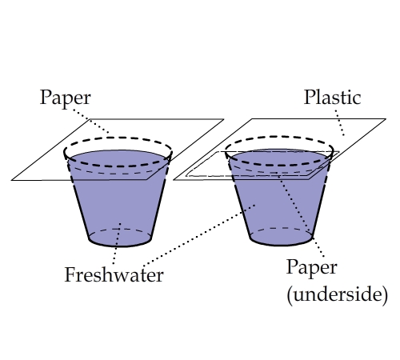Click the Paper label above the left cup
click(x=66, y=98)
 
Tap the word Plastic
click(x=332, y=97)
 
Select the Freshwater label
click(x=114, y=274)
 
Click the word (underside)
click(x=338, y=294)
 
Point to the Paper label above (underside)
click(x=312, y=268)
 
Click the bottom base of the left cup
click(x=120, y=238)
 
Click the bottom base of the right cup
click(x=282, y=237)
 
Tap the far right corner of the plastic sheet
click(x=386, y=119)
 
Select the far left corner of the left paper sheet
click(x=11, y=180)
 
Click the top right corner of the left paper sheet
click(x=223, y=119)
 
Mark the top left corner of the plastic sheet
click(x=252, y=119)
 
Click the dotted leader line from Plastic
click(x=339, y=122)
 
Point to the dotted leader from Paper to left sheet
click(x=90, y=122)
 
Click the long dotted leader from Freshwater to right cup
click(x=198, y=235)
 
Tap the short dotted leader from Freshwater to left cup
click(x=117, y=243)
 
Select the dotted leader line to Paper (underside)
click(x=302, y=216)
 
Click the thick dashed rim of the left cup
click(x=118, y=138)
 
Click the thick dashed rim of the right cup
click(x=279, y=137)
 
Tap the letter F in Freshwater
click(x=70, y=274)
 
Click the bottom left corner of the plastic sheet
click(x=174, y=180)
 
